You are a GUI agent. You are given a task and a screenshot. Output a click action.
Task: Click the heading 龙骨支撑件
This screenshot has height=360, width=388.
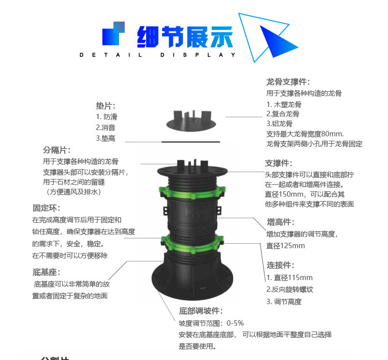[x=288, y=82]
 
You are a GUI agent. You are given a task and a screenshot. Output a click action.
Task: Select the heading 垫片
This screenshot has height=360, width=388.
[x=105, y=105]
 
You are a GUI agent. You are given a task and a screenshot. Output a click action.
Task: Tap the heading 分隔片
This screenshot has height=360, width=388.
[x=57, y=150]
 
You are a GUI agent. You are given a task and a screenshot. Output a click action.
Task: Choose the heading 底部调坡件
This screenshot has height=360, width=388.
[x=201, y=311]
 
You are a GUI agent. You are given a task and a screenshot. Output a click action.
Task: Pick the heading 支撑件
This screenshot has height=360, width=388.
[x=278, y=163]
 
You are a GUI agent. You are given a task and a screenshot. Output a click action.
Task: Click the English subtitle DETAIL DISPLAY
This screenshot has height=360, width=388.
[x=157, y=55]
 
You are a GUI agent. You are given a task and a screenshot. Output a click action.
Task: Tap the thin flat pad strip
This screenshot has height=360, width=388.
[x=193, y=141]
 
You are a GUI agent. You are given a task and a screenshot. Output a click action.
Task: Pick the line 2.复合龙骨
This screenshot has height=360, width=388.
[x=283, y=114]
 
